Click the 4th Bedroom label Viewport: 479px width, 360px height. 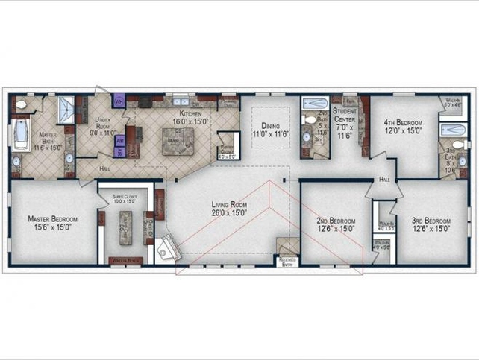point(403,127)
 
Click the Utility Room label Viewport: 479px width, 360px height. point(104,128)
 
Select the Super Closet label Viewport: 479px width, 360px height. point(125,199)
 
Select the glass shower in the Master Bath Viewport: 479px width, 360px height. point(67,110)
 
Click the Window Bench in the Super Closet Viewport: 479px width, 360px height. point(124,261)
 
